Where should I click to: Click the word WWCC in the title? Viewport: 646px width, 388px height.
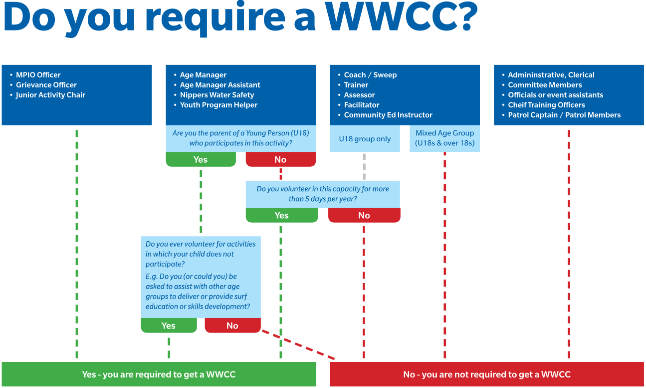(x=388, y=17)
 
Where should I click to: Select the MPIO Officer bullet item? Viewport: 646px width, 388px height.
(x=38, y=75)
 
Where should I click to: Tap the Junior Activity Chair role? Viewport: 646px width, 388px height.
(x=50, y=95)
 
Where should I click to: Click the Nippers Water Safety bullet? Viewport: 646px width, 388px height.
(x=217, y=95)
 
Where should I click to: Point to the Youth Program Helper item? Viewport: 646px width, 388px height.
(x=218, y=105)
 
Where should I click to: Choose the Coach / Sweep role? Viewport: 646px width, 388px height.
(x=370, y=75)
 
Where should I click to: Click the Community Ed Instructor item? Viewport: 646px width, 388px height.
(x=388, y=115)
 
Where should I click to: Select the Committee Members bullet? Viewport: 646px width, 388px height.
(x=545, y=85)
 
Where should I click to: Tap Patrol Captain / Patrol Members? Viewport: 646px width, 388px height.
(x=564, y=115)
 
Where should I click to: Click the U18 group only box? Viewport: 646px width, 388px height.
(x=365, y=139)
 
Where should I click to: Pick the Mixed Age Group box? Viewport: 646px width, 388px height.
(x=444, y=138)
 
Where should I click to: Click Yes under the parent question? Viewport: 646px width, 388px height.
(x=201, y=160)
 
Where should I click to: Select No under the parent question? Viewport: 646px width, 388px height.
(x=280, y=160)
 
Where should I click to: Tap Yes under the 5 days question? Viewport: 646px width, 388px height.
(x=281, y=215)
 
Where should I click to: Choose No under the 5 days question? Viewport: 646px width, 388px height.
(x=364, y=215)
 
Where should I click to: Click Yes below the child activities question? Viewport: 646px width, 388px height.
(x=169, y=326)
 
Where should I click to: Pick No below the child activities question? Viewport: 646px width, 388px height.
(x=232, y=326)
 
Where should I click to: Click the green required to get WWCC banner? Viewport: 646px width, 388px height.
(x=159, y=375)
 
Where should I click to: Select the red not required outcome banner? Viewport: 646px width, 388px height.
(x=486, y=375)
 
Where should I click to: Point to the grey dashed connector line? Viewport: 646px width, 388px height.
(x=364, y=166)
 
